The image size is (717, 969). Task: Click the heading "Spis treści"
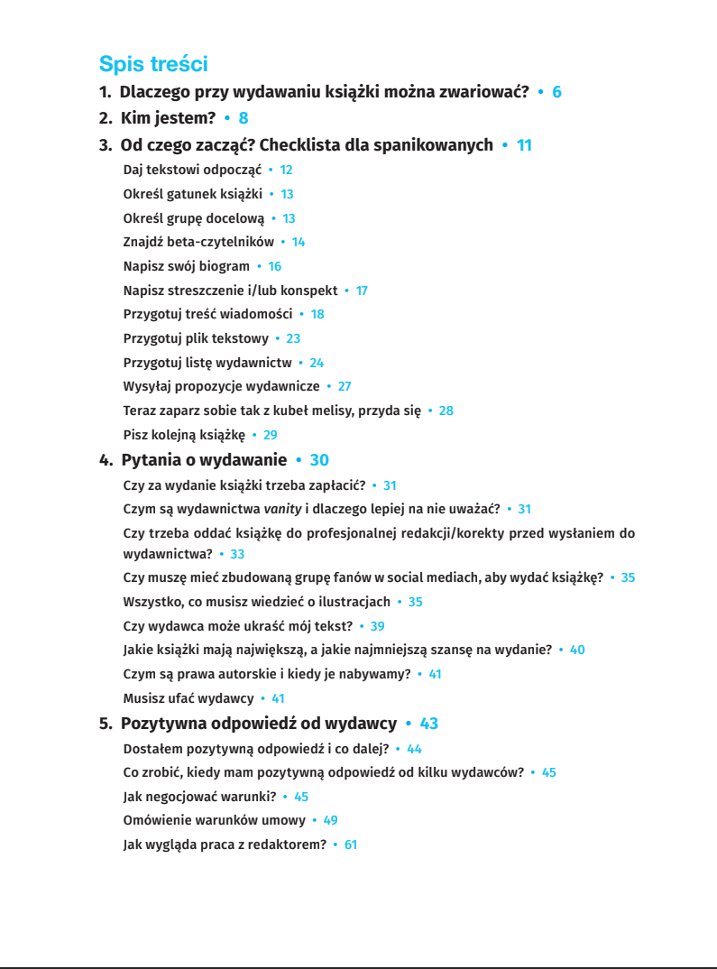[x=153, y=64]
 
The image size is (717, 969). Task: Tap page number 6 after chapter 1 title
[x=556, y=92]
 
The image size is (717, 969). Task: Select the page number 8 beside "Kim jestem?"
[x=243, y=117]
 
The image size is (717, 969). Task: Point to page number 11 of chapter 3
[x=524, y=145]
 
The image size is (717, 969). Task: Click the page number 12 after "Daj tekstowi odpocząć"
[x=286, y=170]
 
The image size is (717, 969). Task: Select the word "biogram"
[x=227, y=266]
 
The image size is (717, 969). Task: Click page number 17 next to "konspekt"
[x=362, y=291]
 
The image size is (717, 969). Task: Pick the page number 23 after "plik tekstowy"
[x=293, y=338]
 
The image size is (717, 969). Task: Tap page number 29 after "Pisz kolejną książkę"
[x=270, y=435]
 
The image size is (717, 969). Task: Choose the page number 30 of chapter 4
[x=319, y=460]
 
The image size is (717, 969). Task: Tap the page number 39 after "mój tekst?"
[x=377, y=626]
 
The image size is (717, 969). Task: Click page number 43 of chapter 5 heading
[x=428, y=724]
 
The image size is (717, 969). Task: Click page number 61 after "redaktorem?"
[x=351, y=845]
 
